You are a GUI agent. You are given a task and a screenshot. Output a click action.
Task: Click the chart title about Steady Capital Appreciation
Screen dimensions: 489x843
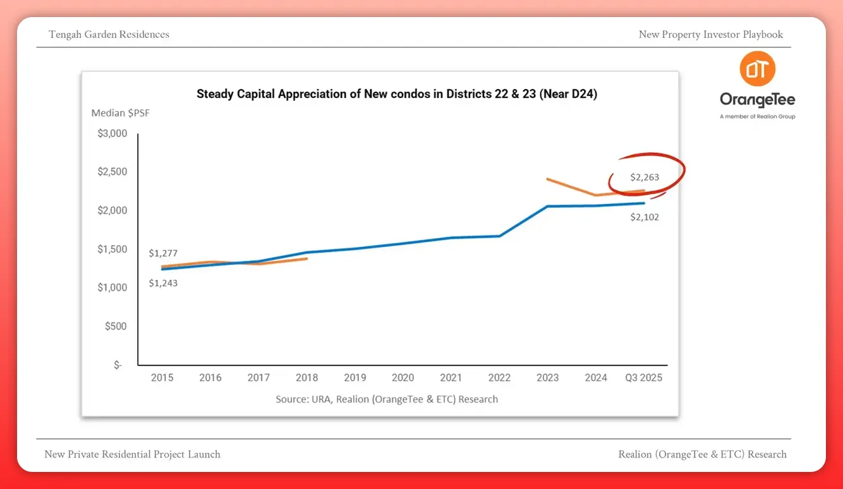click(397, 95)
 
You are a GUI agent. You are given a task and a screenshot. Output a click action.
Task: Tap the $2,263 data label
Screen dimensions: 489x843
click(645, 178)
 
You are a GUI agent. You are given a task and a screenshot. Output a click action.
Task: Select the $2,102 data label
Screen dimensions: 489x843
click(645, 217)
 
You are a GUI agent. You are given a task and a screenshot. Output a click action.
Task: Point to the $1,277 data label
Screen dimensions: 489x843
click(163, 253)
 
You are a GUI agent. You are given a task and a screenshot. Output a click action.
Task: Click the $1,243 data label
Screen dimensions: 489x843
click(163, 284)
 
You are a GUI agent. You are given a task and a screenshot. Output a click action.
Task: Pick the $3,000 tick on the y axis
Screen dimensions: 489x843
click(112, 133)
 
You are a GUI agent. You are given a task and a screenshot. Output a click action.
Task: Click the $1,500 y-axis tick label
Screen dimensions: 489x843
click(112, 250)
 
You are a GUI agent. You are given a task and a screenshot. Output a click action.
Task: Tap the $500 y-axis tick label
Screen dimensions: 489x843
click(116, 327)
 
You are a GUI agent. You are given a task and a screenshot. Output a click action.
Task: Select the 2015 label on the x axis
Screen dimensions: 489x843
click(162, 378)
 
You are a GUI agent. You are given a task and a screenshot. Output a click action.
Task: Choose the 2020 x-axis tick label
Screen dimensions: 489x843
click(403, 378)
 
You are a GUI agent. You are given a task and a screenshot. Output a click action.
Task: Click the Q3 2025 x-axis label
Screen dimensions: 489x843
click(643, 378)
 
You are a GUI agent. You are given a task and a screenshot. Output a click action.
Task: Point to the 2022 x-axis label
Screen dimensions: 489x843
click(499, 378)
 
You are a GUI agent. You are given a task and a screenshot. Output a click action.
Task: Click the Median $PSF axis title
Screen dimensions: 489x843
click(121, 114)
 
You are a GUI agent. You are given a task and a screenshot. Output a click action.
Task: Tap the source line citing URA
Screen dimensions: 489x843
click(387, 399)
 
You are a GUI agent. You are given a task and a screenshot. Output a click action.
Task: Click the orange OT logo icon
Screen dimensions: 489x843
click(757, 69)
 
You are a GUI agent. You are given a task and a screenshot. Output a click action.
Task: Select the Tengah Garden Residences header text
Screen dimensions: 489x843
click(109, 35)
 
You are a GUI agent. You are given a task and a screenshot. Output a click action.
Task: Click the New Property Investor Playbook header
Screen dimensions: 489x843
click(711, 35)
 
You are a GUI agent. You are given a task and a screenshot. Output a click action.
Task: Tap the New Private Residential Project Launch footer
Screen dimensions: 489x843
click(133, 454)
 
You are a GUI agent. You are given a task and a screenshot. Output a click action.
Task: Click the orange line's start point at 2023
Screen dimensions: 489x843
click(547, 179)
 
